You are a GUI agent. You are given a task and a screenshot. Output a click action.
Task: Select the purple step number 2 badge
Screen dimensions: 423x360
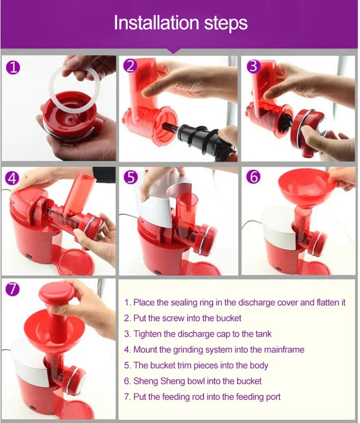[x=130, y=66]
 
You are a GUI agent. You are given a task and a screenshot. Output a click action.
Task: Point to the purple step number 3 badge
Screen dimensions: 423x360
[x=254, y=66]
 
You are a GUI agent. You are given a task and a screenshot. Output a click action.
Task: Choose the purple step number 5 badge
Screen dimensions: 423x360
[x=130, y=178]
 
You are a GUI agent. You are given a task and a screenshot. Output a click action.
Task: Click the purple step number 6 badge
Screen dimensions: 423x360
[x=254, y=177]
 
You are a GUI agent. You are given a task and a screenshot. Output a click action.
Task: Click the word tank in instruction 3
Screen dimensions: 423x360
[x=263, y=334]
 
